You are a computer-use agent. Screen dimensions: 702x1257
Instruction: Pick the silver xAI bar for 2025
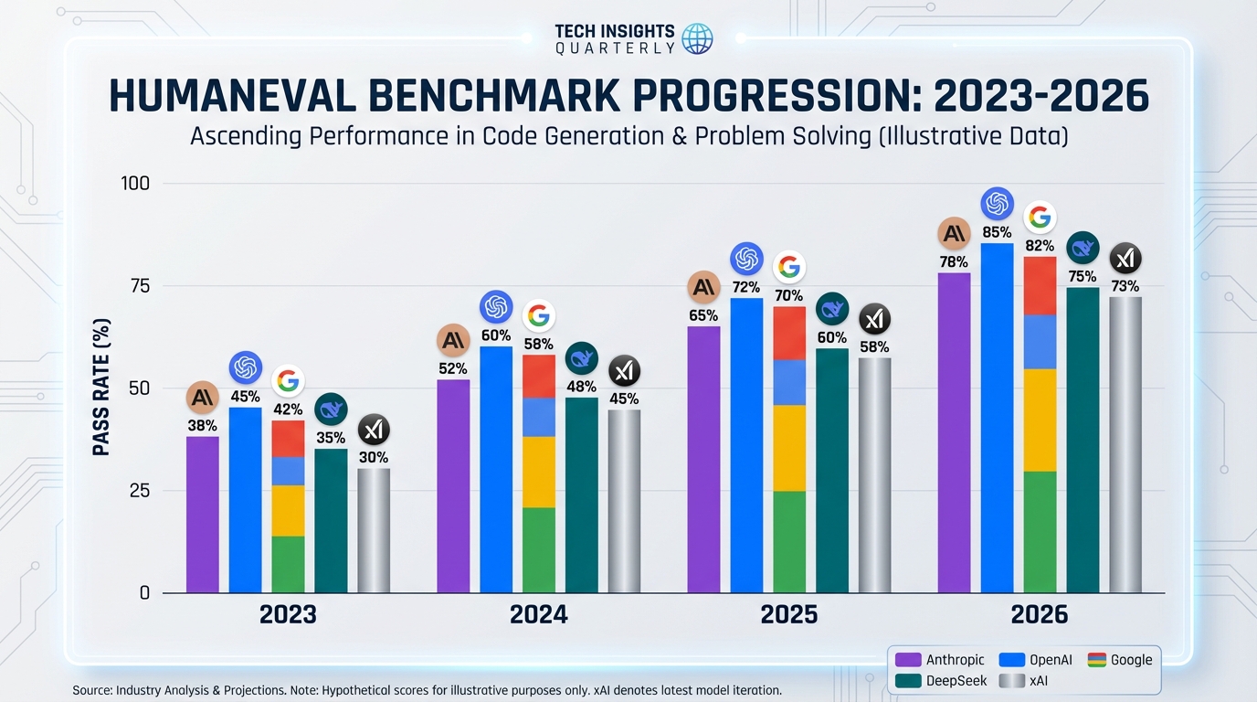click(874, 474)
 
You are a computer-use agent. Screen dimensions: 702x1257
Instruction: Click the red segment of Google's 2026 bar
click(1040, 285)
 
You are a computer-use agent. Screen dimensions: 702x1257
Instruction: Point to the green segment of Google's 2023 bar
click(288, 564)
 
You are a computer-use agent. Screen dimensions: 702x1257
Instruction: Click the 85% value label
click(997, 232)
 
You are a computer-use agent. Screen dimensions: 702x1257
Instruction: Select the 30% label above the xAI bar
click(374, 457)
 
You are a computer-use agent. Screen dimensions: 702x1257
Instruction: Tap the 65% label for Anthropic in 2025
click(703, 315)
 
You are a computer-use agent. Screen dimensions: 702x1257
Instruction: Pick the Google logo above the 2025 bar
click(789, 267)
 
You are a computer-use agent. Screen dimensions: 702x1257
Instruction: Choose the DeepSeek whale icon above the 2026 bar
click(1083, 248)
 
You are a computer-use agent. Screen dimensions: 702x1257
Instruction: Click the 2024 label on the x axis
click(538, 614)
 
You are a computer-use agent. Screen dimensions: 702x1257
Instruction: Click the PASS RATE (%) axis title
click(101, 388)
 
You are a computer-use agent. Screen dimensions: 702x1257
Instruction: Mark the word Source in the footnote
click(92, 690)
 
